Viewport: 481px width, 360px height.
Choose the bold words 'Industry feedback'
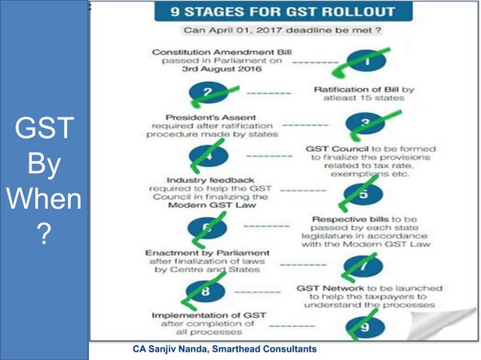point(192,182)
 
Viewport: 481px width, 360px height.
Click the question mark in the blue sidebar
point(44,239)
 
